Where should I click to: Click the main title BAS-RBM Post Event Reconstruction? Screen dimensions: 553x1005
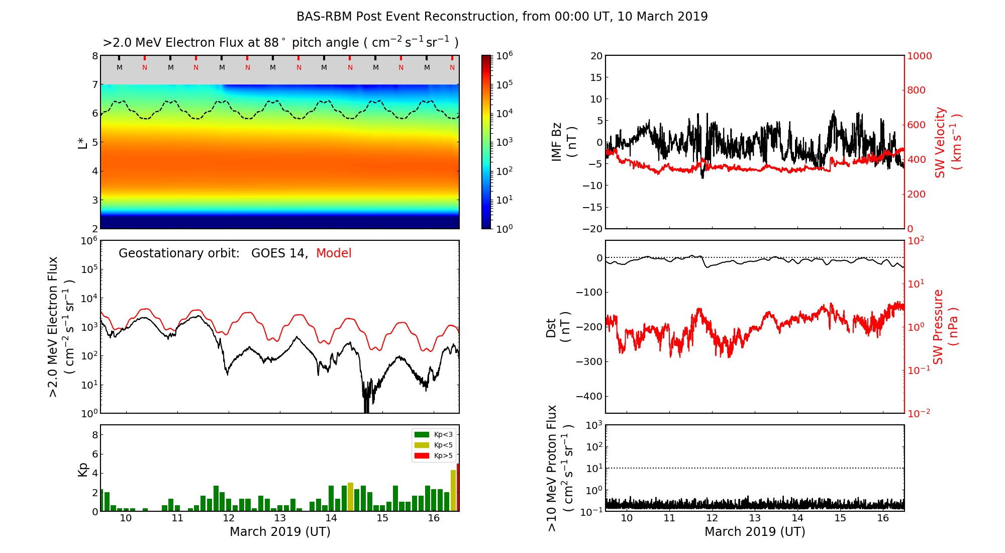pyautogui.click(x=501, y=17)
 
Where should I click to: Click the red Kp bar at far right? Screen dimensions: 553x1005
pyautogui.click(x=458, y=487)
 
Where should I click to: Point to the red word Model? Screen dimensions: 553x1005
pyautogui.click(x=334, y=253)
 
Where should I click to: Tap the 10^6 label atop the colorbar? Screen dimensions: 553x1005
pyautogui.click(x=504, y=56)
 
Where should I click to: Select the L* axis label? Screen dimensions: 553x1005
pyautogui.click(x=83, y=142)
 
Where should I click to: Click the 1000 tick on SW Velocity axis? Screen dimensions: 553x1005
pyautogui.click(x=919, y=56)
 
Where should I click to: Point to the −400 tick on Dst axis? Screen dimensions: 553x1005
pyautogui.click(x=589, y=397)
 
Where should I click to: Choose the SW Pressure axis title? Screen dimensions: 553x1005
pyautogui.click(x=945, y=327)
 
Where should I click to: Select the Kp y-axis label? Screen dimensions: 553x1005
pyautogui.click(x=83, y=470)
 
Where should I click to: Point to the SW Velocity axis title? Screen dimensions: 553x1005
pyautogui.click(x=947, y=142)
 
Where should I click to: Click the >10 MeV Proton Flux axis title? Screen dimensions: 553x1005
pyautogui.click(x=559, y=469)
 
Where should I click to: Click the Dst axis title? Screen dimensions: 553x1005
pyautogui.click(x=558, y=327)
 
